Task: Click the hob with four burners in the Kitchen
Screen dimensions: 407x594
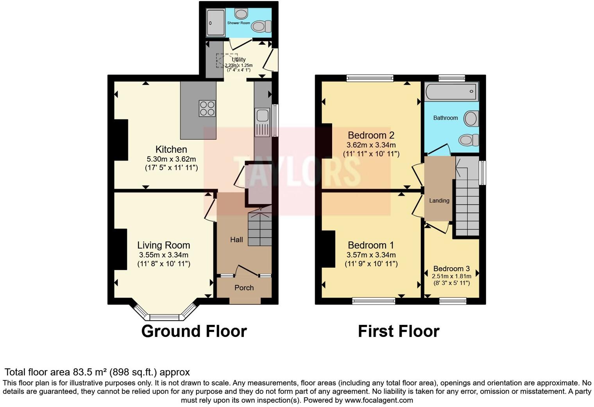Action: click(x=207, y=108)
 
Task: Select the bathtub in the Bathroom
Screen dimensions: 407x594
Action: click(x=451, y=92)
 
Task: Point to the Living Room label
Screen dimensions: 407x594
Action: click(x=163, y=245)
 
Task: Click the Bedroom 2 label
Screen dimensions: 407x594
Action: click(x=371, y=135)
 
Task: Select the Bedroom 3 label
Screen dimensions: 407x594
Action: click(x=451, y=269)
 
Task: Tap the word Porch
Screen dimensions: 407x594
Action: click(x=244, y=288)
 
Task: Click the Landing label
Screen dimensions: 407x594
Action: click(x=439, y=201)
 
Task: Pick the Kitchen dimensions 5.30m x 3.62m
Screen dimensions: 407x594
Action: click(x=171, y=159)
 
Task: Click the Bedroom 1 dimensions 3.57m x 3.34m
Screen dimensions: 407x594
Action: click(x=371, y=255)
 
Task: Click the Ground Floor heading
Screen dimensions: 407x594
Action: click(x=194, y=331)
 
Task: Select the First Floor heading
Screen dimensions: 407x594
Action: click(x=399, y=331)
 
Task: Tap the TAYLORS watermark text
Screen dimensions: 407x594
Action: click(x=297, y=171)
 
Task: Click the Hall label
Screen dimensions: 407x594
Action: click(x=236, y=240)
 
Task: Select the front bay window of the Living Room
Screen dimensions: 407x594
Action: click(x=164, y=317)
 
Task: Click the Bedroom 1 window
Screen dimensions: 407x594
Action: click(x=374, y=301)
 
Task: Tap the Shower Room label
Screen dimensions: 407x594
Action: click(x=238, y=23)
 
